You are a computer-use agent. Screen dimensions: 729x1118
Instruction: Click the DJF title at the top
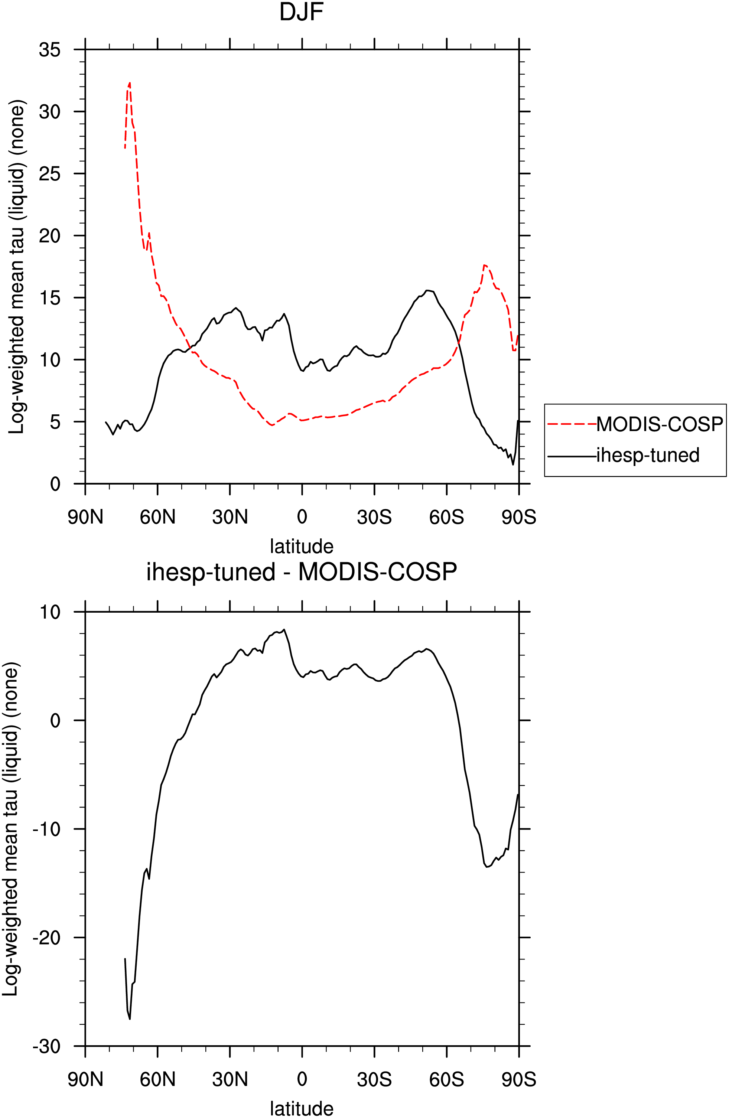point(302,12)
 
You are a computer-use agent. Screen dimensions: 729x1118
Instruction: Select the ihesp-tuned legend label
point(648,455)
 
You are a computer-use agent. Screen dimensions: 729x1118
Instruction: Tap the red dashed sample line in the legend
point(572,424)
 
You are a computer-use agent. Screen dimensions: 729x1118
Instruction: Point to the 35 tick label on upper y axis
point(50,49)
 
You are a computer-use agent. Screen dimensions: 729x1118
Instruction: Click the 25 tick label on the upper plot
point(50,174)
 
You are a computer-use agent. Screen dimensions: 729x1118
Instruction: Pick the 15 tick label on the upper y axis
point(50,298)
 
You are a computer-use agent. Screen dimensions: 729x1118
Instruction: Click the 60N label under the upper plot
point(157,517)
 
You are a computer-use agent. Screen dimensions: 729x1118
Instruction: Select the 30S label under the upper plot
point(374,517)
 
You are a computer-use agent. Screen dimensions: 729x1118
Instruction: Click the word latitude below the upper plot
point(302,546)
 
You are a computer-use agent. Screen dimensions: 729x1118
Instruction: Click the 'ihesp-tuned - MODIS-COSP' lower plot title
point(302,573)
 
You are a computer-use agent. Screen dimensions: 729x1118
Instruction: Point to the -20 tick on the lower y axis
point(46,937)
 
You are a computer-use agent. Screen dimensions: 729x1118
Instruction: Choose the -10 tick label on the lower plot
point(46,829)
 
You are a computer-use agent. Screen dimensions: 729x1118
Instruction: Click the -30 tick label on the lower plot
point(46,1046)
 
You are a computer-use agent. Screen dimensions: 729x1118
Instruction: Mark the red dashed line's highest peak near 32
point(130,83)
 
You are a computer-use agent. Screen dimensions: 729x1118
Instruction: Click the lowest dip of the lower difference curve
point(130,1018)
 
